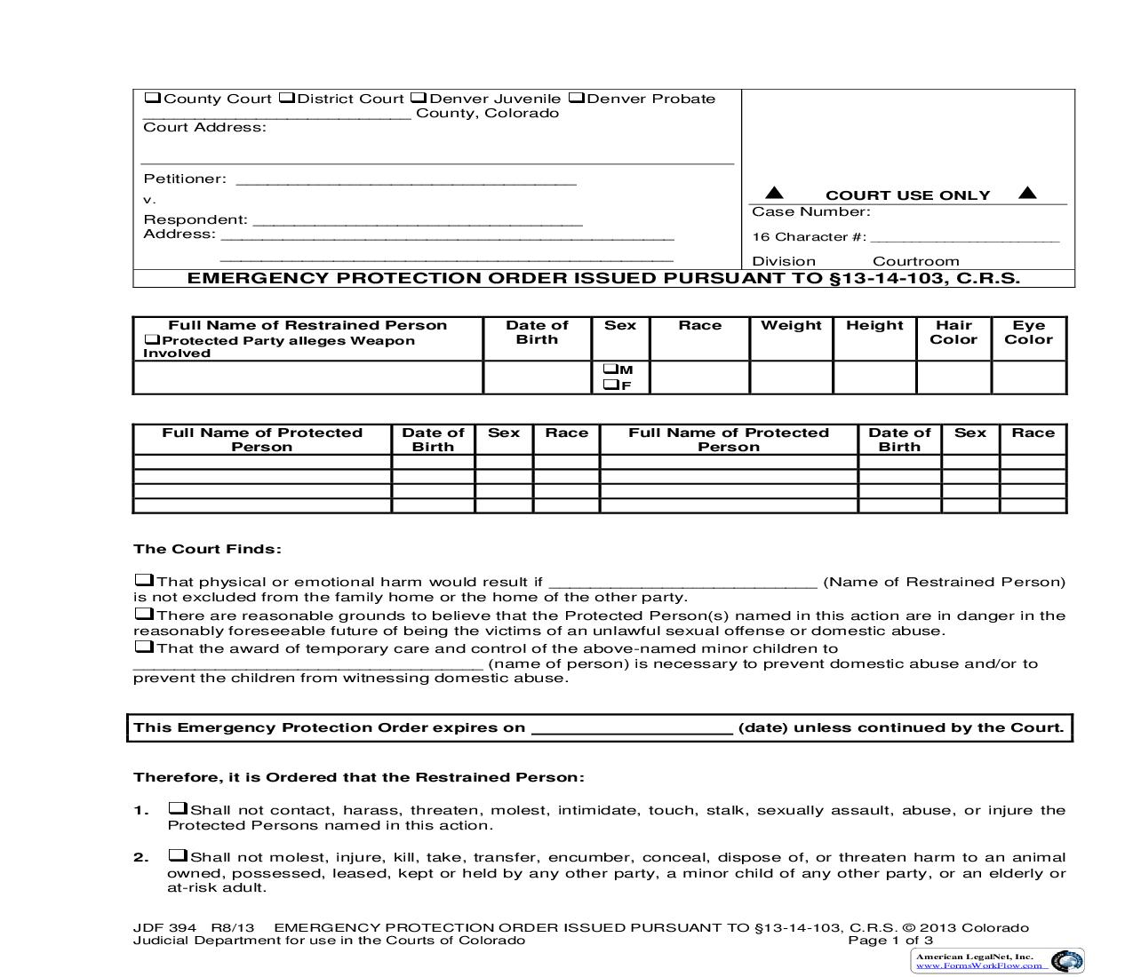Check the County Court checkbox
pyautogui.click(x=152, y=98)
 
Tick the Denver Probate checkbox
pyautogui.click(x=576, y=98)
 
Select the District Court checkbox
pyautogui.click(x=286, y=98)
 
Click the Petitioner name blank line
pyautogui.click(x=405, y=183)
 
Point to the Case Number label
pyautogui.click(x=810, y=211)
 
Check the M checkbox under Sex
pyautogui.click(x=610, y=369)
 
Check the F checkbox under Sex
pyautogui.click(x=610, y=385)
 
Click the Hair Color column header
pyautogui.click(x=953, y=332)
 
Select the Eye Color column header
pyautogui.click(x=1028, y=332)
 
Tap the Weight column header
pyautogui.click(x=791, y=325)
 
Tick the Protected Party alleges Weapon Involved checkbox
pyautogui.click(x=152, y=339)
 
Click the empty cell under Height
pyautogui.click(x=874, y=377)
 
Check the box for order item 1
pyautogui.click(x=178, y=808)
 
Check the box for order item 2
pyautogui.click(x=178, y=855)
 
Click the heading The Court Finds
pyautogui.click(x=207, y=549)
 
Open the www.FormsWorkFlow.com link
pyautogui.click(x=974, y=965)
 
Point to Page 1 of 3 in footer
pyautogui.click(x=890, y=941)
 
